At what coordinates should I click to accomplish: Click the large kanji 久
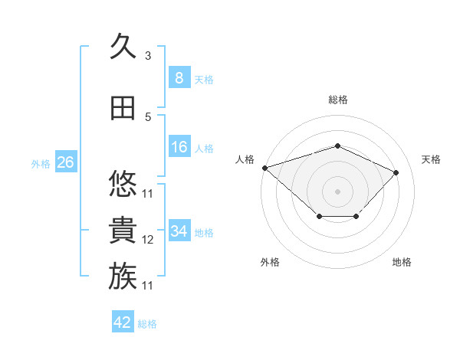(123, 45)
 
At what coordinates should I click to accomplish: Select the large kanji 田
(123, 108)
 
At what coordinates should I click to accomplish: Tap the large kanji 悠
(123, 183)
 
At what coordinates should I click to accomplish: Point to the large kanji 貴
(123, 230)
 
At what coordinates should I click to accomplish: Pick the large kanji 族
(123, 276)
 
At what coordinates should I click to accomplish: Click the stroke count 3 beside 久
(148, 56)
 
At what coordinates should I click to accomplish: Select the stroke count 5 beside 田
(148, 117)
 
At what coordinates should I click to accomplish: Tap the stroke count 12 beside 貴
(147, 240)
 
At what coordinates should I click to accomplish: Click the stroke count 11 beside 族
(147, 286)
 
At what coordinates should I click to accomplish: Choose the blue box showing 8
(179, 77)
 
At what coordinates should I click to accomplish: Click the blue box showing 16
(179, 146)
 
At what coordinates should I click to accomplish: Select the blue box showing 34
(179, 230)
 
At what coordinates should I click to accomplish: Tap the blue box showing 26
(66, 162)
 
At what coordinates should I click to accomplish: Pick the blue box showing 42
(123, 321)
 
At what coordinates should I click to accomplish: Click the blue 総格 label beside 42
(147, 324)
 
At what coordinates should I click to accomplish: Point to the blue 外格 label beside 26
(41, 164)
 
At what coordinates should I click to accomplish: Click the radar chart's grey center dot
(337, 191)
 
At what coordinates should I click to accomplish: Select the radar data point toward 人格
(265, 168)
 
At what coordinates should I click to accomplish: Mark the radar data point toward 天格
(396, 172)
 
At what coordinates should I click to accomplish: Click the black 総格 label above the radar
(338, 100)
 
